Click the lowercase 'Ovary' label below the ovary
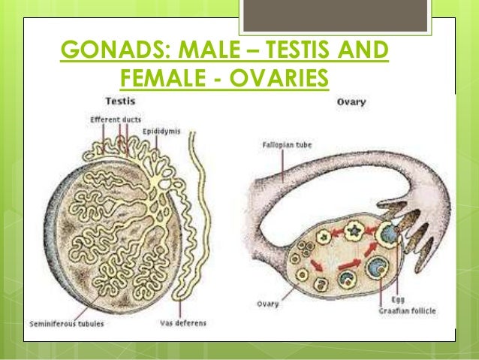(265, 304)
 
